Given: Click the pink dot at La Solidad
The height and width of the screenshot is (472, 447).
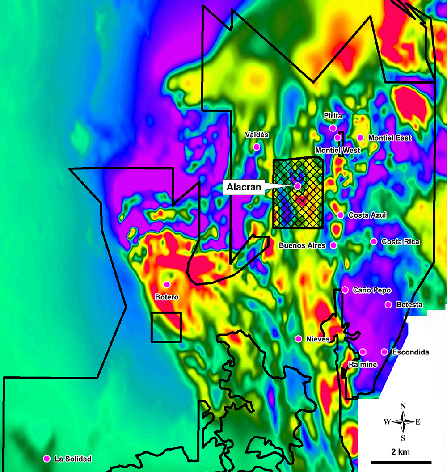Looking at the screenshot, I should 46,459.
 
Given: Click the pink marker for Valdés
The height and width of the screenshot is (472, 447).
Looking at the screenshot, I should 257,147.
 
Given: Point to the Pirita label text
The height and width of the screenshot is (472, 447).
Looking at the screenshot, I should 333,116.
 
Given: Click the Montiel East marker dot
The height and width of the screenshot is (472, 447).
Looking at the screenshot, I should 360,138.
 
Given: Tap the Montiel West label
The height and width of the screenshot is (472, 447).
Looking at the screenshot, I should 337,150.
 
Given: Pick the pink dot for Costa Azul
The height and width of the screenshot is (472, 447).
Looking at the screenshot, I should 341,215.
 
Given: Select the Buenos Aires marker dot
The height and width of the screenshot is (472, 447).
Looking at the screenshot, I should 333,245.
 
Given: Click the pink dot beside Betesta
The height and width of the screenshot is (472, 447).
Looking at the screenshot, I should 388,305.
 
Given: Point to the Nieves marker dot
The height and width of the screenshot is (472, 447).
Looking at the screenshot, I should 298,339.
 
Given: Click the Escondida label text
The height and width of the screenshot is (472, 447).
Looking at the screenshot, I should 410,352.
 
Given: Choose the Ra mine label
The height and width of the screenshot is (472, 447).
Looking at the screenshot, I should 363,365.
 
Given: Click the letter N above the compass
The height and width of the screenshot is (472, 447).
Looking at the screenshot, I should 403,406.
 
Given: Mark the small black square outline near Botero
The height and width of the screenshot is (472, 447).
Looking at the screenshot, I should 166,327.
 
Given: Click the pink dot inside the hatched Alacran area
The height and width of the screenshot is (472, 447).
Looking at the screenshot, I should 298,185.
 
